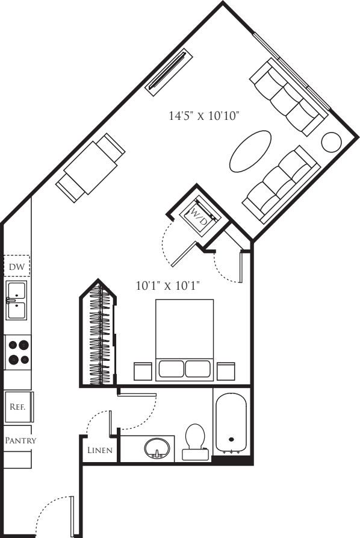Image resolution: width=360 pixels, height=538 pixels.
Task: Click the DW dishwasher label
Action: coord(17,267)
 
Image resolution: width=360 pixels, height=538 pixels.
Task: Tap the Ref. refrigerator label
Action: coord(17,407)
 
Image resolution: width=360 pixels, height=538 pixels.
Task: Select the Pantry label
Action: coord(20,440)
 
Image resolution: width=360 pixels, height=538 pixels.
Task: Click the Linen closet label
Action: coord(100,450)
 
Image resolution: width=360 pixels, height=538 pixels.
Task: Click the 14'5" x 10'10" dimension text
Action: coord(203,116)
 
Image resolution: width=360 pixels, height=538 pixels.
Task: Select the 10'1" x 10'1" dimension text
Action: coord(168,286)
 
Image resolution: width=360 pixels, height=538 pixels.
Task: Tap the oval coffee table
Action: coord(250,151)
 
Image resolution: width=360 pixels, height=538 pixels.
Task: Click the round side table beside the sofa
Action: coord(331,142)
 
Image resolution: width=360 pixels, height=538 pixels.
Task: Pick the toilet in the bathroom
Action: coord(194,442)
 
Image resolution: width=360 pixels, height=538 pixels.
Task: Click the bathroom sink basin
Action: coord(157,448)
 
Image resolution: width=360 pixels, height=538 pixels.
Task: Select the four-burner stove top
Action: coord(18,352)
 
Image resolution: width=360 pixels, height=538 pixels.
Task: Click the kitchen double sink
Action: coord(16,300)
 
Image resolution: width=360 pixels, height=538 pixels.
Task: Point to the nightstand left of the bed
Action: coord(143,371)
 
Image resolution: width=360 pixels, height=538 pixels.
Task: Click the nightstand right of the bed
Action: coord(226,371)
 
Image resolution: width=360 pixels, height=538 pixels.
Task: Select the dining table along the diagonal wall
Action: coord(90,168)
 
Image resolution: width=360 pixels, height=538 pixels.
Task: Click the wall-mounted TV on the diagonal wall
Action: coord(169,69)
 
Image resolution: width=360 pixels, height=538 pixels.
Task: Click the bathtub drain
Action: coord(231,439)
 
